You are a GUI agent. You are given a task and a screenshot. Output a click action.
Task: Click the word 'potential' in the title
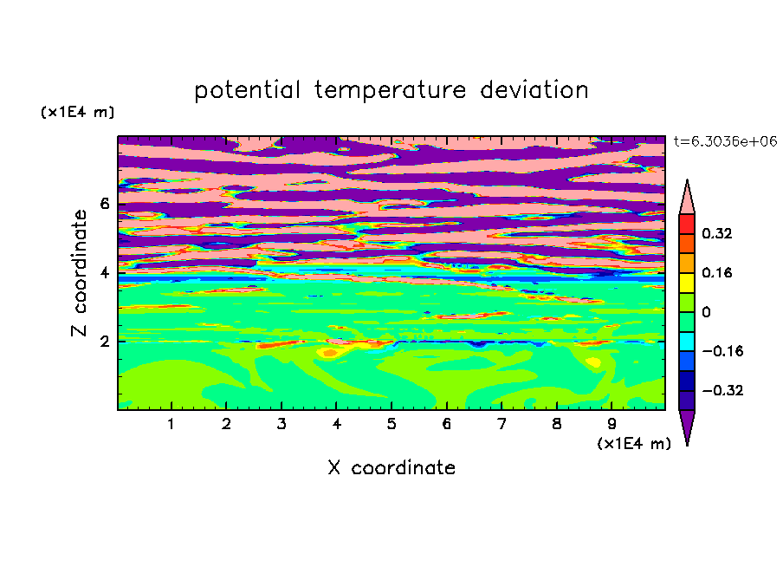pyautogui.click(x=247, y=91)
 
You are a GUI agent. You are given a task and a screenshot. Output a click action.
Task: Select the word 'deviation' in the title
pyautogui.click(x=534, y=90)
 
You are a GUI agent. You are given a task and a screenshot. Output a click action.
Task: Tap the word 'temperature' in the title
pyautogui.click(x=390, y=91)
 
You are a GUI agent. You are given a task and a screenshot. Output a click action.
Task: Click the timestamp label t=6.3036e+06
pyautogui.click(x=725, y=141)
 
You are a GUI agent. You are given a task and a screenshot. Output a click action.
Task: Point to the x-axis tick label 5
pyautogui.click(x=391, y=424)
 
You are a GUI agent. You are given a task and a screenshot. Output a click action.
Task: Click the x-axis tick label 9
pyautogui.click(x=612, y=424)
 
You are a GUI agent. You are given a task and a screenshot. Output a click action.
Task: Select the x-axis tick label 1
pyautogui.click(x=171, y=424)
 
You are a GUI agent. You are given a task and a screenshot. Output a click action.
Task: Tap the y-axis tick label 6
pyautogui.click(x=104, y=204)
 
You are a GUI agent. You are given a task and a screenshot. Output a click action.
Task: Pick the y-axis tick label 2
pyautogui.click(x=104, y=342)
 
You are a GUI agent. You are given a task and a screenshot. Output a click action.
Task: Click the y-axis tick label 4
pyautogui.click(x=104, y=273)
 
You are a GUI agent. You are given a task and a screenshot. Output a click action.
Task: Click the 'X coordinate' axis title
pyautogui.click(x=391, y=468)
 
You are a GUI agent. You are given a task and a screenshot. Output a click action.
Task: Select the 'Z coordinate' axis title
pyautogui.click(x=79, y=273)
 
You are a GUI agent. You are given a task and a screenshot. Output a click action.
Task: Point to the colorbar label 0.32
pyautogui.click(x=716, y=233)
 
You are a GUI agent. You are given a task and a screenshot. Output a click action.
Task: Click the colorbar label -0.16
pyautogui.click(x=722, y=351)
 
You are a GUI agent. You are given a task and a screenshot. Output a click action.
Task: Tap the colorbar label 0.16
pyautogui.click(x=716, y=272)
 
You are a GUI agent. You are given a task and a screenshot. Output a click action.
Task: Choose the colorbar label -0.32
pyautogui.click(x=722, y=390)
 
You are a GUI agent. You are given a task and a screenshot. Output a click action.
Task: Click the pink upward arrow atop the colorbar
pyautogui.click(x=687, y=200)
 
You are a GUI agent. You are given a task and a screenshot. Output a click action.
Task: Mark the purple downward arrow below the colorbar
pyautogui.click(x=687, y=424)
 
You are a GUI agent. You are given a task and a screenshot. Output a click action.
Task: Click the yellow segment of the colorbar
pyautogui.click(x=687, y=283)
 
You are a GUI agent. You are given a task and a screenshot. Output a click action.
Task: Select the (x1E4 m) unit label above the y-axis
pyautogui.click(x=77, y=112)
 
